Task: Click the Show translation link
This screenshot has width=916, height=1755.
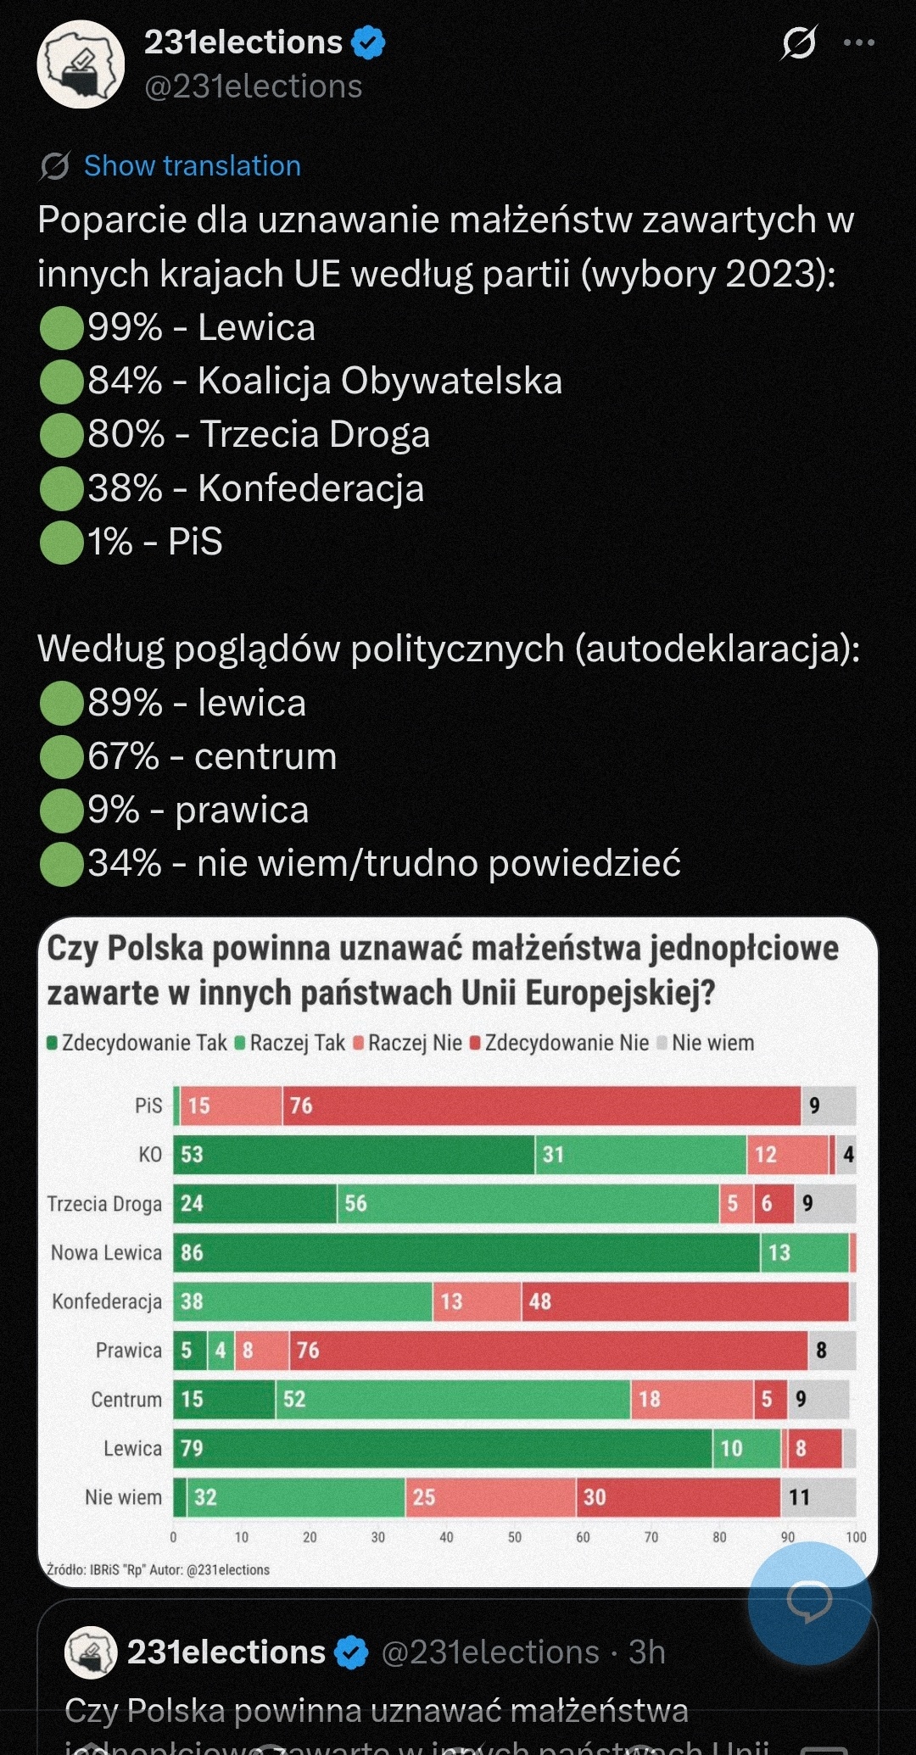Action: coord(192,166)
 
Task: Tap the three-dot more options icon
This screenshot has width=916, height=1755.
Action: coord(858,42)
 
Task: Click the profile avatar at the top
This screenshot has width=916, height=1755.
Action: coord(81,64)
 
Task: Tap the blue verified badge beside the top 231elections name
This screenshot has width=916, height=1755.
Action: coord(368,42)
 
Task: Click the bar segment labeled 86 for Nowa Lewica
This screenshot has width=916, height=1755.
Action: coord(466,1253)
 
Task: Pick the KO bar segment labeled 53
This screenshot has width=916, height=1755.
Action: coord(354,1155)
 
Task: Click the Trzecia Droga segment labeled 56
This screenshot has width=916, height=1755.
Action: coord(528,1204)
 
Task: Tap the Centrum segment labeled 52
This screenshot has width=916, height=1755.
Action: coord(453,1399)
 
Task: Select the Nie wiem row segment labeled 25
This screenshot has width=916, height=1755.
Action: coord(490,1497)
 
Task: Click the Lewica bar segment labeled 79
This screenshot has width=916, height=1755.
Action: coord(443,1448)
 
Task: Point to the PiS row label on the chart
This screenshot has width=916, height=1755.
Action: coord(148,1106)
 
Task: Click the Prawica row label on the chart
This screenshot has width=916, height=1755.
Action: coord(128,1351)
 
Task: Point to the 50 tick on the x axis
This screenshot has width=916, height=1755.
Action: coord(515,1537)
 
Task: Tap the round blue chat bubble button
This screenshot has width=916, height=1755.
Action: coord(809,1602)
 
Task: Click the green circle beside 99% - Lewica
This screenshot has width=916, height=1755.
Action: coord(61,328)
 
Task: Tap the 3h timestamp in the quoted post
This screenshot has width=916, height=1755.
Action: coord(646,1652)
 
